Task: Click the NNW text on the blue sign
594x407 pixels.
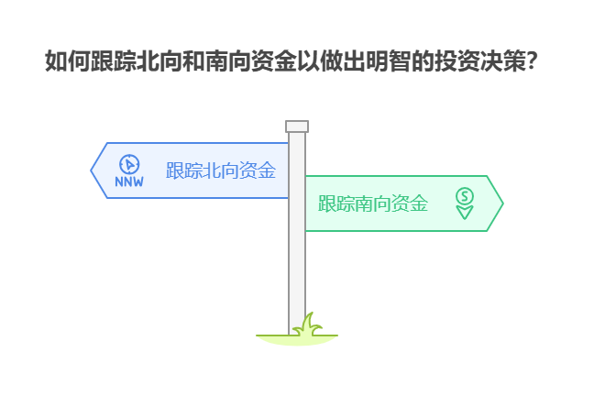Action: (x=129, y=181)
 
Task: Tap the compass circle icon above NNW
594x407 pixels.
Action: (x=129, y=163)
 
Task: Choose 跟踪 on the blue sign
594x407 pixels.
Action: (x=183, y=170)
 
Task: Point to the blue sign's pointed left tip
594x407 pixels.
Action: (x=92, y=170)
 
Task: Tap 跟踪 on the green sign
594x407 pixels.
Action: (x=335, y=203)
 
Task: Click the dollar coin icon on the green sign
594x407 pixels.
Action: (x=465, y=195)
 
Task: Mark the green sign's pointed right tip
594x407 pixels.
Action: (x=501, y=203)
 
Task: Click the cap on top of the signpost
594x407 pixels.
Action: (x=297, y=126)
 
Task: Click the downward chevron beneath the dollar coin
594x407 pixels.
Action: (x=465, y=213)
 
